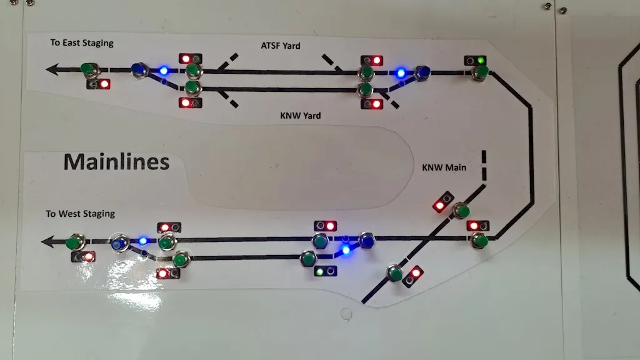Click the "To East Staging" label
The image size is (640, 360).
(82, 43)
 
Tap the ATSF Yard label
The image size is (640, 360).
(281, 46)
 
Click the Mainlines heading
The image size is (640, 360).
(116, 162)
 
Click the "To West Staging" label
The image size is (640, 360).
(80, 214)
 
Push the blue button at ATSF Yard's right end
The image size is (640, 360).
(423, 73)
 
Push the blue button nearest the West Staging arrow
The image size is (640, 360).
(118, 244)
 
